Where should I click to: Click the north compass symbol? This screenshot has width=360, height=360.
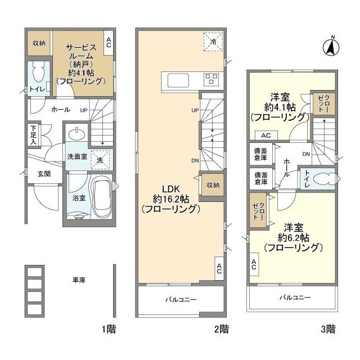(331, 47)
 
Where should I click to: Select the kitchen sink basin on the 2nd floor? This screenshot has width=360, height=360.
(178, 80)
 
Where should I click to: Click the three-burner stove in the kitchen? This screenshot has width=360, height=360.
(211, 79)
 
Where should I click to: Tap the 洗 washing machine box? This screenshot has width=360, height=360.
(100, 160)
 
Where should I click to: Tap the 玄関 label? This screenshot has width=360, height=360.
(44, 174)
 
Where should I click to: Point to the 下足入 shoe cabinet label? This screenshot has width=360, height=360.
(34, 135)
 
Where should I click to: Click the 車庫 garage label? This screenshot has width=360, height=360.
(79, 280)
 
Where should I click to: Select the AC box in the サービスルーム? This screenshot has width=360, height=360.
(109, 43)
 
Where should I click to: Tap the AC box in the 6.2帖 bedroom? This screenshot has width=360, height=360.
(254, 264)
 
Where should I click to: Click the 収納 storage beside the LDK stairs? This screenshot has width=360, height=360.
(213, 185)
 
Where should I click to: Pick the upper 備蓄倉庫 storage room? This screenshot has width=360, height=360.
(261, 154)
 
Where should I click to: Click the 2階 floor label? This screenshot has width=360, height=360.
(222, 330)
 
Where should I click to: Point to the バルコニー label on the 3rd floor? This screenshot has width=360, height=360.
(295, 298)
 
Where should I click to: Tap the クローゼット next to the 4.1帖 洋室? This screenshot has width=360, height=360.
(324, 103)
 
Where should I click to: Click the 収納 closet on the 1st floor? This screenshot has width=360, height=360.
(39, 43)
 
